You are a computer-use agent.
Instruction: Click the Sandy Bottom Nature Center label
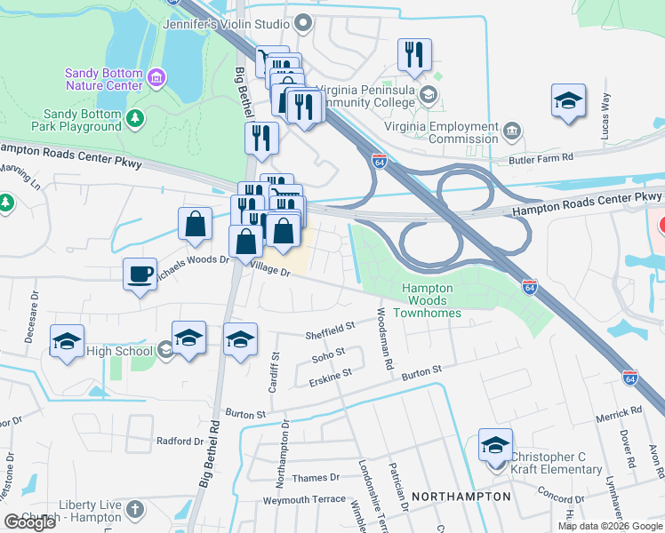coord(103,79)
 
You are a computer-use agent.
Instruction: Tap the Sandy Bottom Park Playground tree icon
coord(135,118)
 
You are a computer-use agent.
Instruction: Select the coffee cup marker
coord(140,274)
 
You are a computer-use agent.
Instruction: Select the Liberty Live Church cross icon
coord(134,509)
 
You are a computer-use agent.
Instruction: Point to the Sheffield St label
coord(330,330)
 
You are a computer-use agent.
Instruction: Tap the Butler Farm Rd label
coord(549,158)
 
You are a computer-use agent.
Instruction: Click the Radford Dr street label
coord(180,441)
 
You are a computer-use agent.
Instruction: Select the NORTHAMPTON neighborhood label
coord(462,497)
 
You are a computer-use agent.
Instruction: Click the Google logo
coord(29,522)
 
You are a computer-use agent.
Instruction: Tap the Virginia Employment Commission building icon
coord(511,132)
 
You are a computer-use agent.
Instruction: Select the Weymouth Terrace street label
coord(304,500)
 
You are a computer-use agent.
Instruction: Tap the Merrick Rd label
coord(619,414)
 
